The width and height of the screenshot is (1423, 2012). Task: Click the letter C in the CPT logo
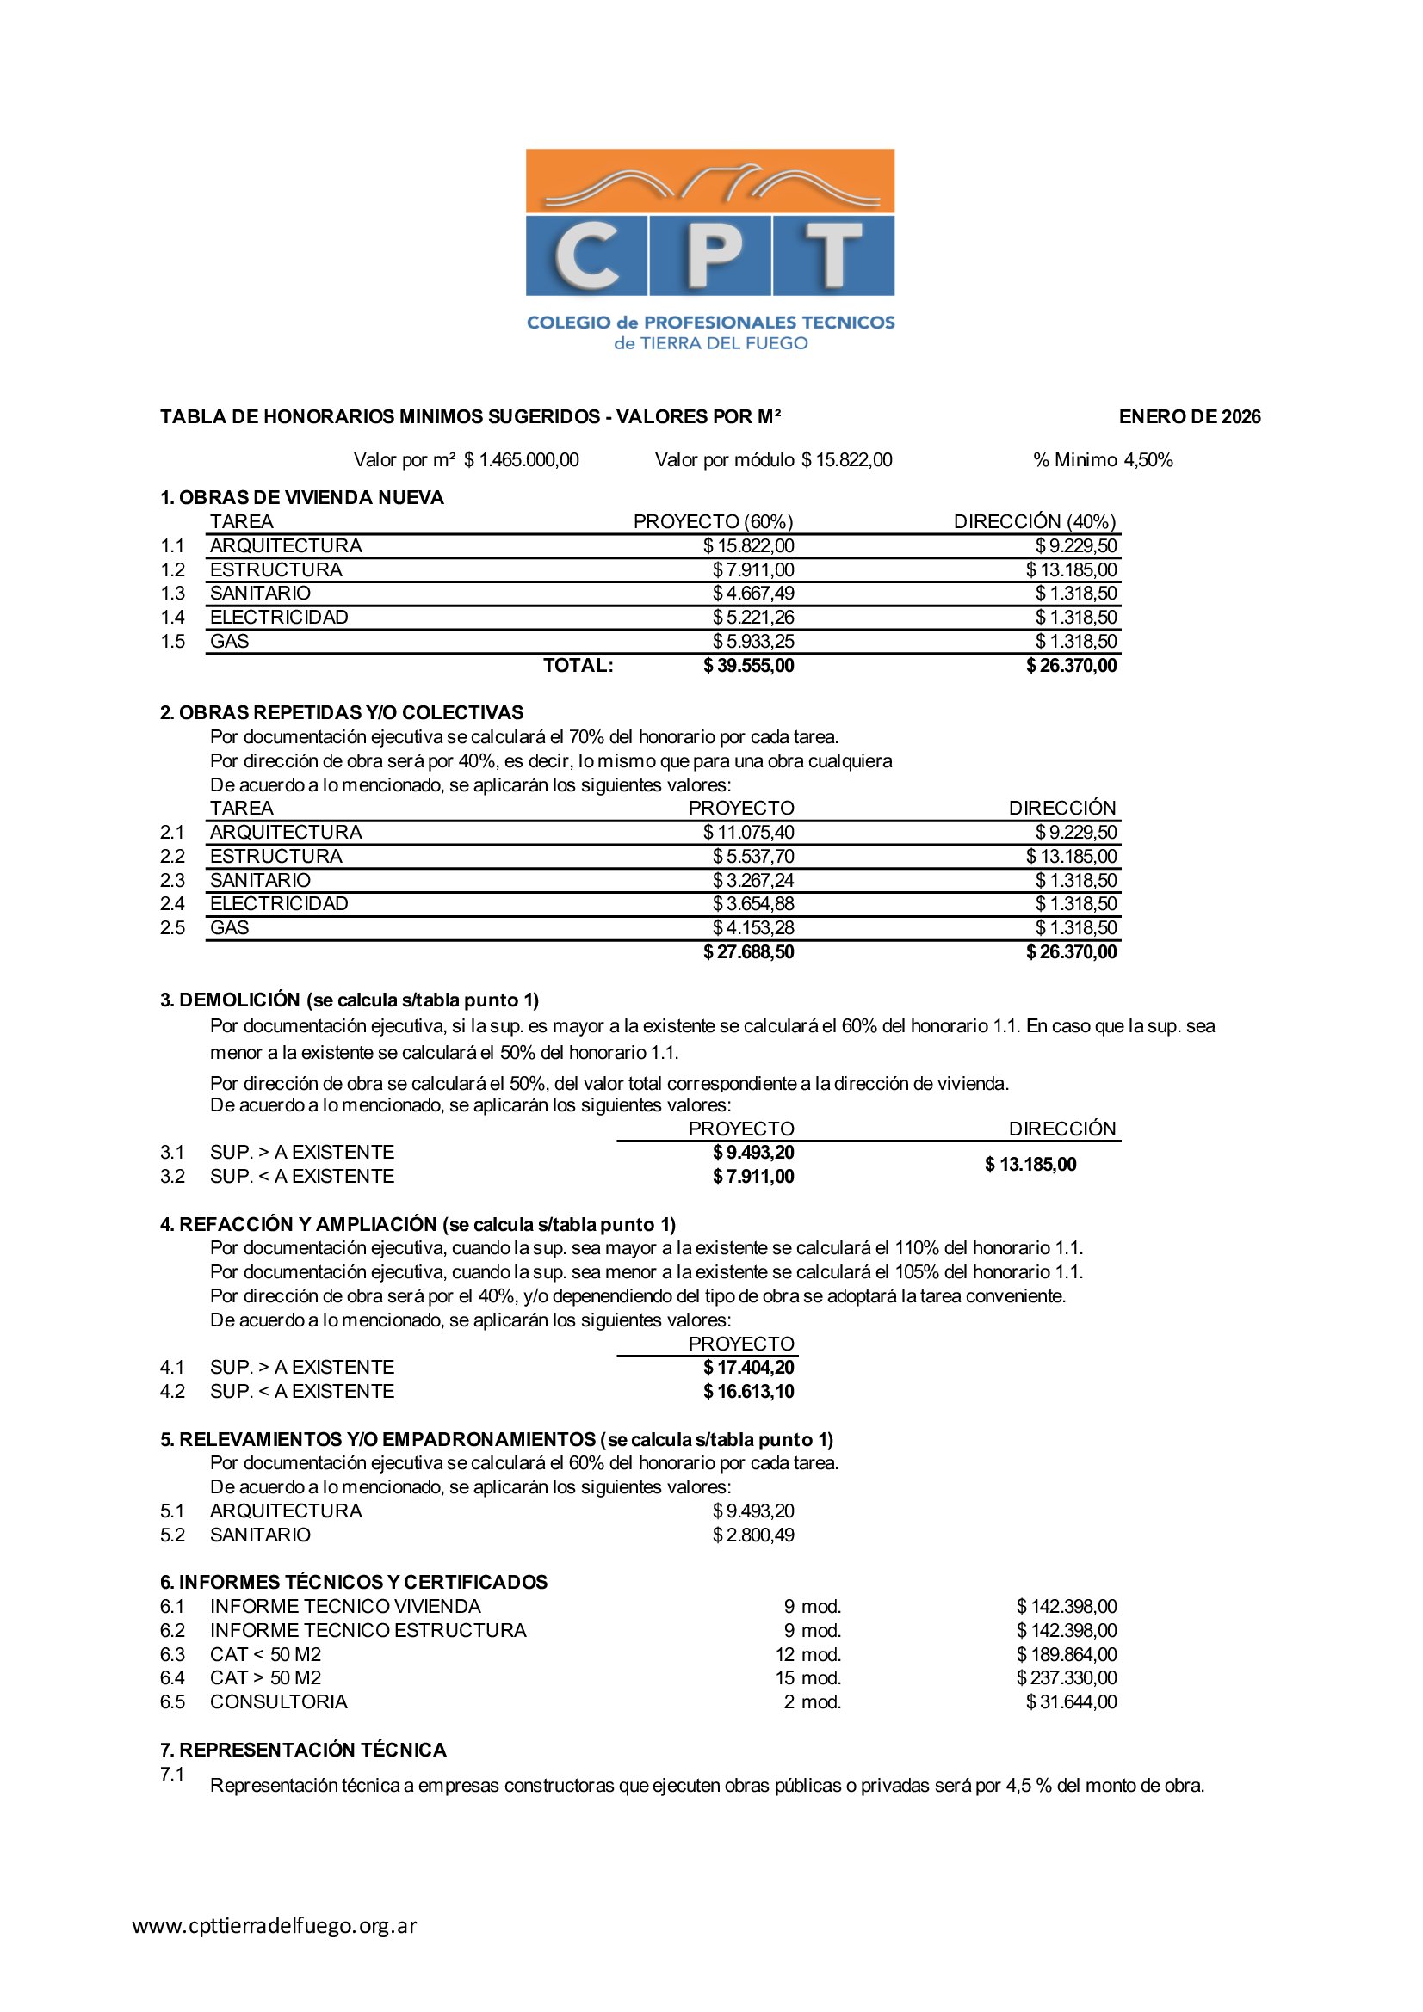tap(586, 255)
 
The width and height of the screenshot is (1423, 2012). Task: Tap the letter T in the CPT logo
tap(833, 255)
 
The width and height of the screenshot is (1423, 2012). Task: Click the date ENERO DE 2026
tap(1189, 417)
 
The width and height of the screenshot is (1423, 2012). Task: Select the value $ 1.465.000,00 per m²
tap(521, 460)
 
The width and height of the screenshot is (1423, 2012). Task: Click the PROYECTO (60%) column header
tap(713, 522)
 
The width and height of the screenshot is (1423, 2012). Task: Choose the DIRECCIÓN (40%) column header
tap(1035, 522)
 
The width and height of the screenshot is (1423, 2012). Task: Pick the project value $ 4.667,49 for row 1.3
tap(753, 594)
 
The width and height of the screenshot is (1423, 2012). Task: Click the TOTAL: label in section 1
tap(578, 666)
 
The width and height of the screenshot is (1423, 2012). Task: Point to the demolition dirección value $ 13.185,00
tap(1030, 1165)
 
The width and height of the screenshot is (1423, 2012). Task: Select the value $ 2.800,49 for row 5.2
tap(753, 1535)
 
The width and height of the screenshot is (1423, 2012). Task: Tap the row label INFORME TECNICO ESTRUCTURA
tap(368, 1631)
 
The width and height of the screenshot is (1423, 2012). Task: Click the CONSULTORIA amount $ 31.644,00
tap(1071, 1701)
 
